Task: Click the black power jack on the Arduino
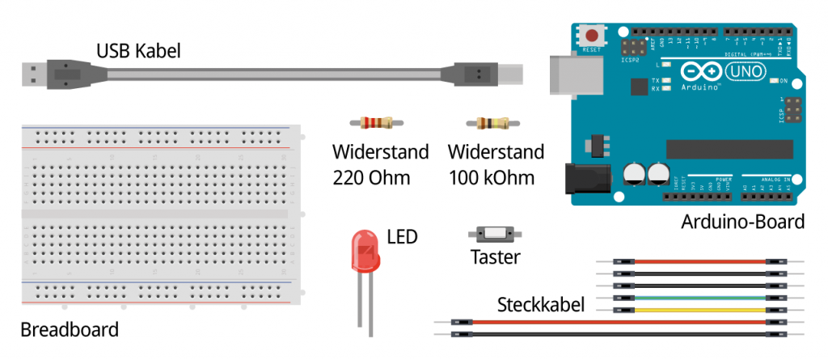click(x=584, y=178)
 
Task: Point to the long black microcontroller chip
click(x=729, y=148)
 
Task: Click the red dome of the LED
click(x=363, y=250)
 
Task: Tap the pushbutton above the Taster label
click(x=495, y=234)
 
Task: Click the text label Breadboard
click(x=69, y=330)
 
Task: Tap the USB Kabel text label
click(x=138, y=51)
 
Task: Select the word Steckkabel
click(x=541, y=305)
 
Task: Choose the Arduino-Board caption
click(x=743, y=222)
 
